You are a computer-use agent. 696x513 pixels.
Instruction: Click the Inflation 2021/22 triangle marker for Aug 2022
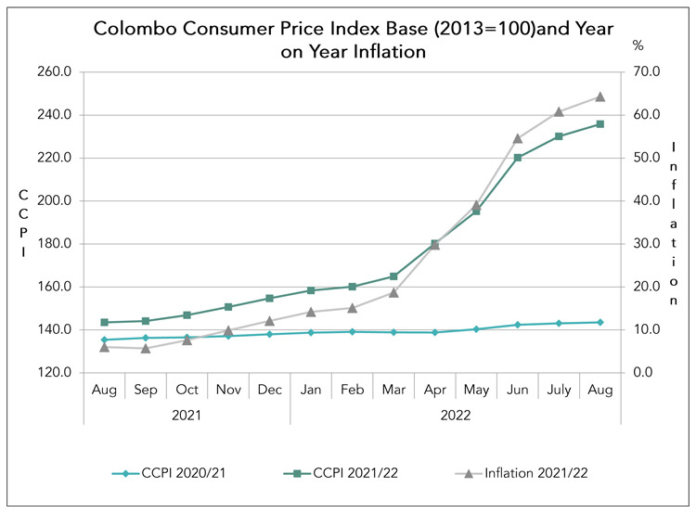[599, 96]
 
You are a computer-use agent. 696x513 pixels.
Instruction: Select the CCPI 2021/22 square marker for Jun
[518, 158]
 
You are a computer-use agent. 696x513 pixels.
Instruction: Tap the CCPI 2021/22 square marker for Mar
[393, 276]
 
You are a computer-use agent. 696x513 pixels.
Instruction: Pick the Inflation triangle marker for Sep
[146, 348]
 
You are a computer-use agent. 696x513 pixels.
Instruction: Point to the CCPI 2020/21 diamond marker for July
[559, 323]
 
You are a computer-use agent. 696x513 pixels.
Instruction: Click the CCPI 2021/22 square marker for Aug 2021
[104, 322]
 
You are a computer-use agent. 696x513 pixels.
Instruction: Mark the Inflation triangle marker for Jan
[311, 312]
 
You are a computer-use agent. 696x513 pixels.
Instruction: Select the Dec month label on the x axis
[269, 391]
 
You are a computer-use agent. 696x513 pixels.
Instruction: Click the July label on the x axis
[559, 391]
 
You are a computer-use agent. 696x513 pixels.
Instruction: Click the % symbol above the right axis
[637, 45]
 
